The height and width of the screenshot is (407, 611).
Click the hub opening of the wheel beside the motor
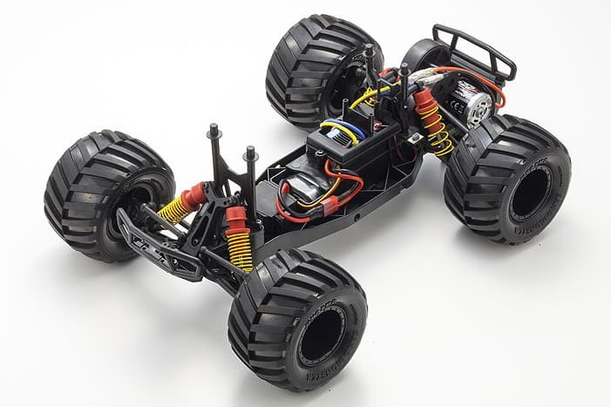click(530, 193)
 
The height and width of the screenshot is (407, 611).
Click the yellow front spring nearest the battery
click(239, 249)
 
